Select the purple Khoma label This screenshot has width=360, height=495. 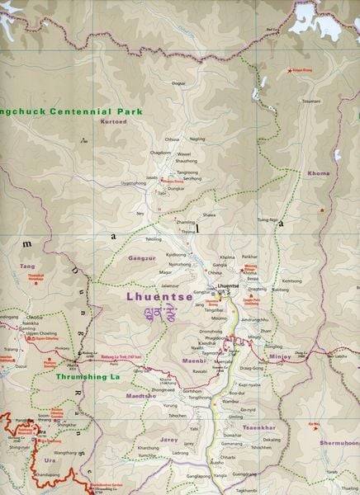[318, 173]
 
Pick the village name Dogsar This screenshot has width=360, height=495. [177, 83]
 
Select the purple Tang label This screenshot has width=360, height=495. [28, 266]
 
